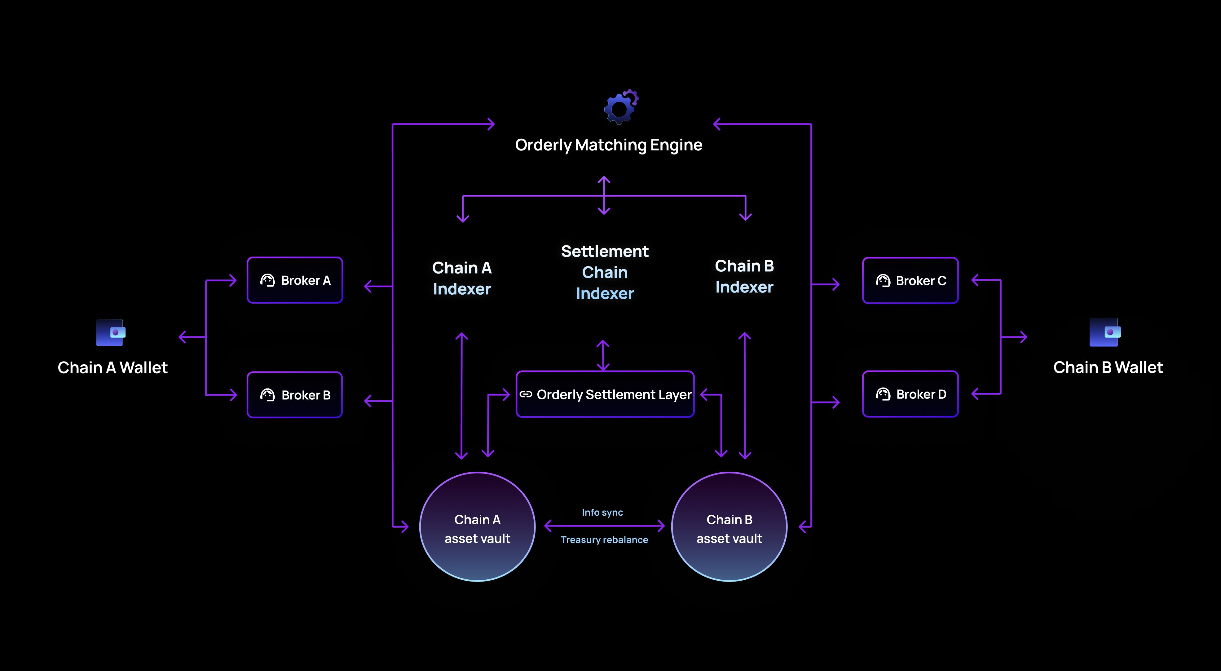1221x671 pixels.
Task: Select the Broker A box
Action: [294, 280]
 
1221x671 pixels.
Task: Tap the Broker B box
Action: [294, 395]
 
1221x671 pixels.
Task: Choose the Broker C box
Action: [910, 281]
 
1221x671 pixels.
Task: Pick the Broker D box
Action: [910, 394]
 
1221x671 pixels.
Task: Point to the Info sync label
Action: [602, 512]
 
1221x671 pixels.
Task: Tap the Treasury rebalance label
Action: [604, 540]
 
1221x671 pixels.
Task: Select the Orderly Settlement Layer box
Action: [605, 394]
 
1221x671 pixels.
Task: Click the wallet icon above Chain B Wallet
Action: [1105, 332]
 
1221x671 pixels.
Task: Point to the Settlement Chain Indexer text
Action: [605, 272]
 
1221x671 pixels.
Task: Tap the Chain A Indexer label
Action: [462, 279]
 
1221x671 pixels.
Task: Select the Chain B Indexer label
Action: [744, 277]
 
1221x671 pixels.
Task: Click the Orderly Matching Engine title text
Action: [609, 145]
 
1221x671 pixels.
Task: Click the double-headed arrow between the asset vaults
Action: [604, 526]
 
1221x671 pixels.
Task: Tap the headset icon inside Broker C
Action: [883, 281]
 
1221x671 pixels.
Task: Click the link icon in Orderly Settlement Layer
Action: [526, 394]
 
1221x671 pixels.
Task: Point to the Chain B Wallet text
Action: [1108, 367]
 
